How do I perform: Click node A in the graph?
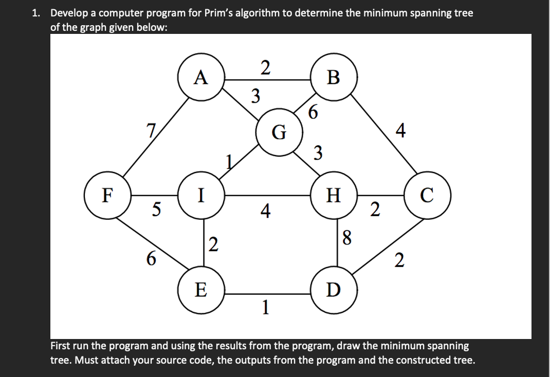(201, 78)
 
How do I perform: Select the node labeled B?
(333, 78)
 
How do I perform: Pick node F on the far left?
(107, 196)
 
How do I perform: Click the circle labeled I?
(201, 196)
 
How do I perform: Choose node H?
(333, 196)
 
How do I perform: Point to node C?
(429, 196)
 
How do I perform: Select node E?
(201, 291)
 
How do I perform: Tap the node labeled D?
(333, 291)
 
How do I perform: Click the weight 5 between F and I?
(156, 209)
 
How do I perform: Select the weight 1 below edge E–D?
(265, 307)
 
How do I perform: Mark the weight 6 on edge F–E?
(151, 259)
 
